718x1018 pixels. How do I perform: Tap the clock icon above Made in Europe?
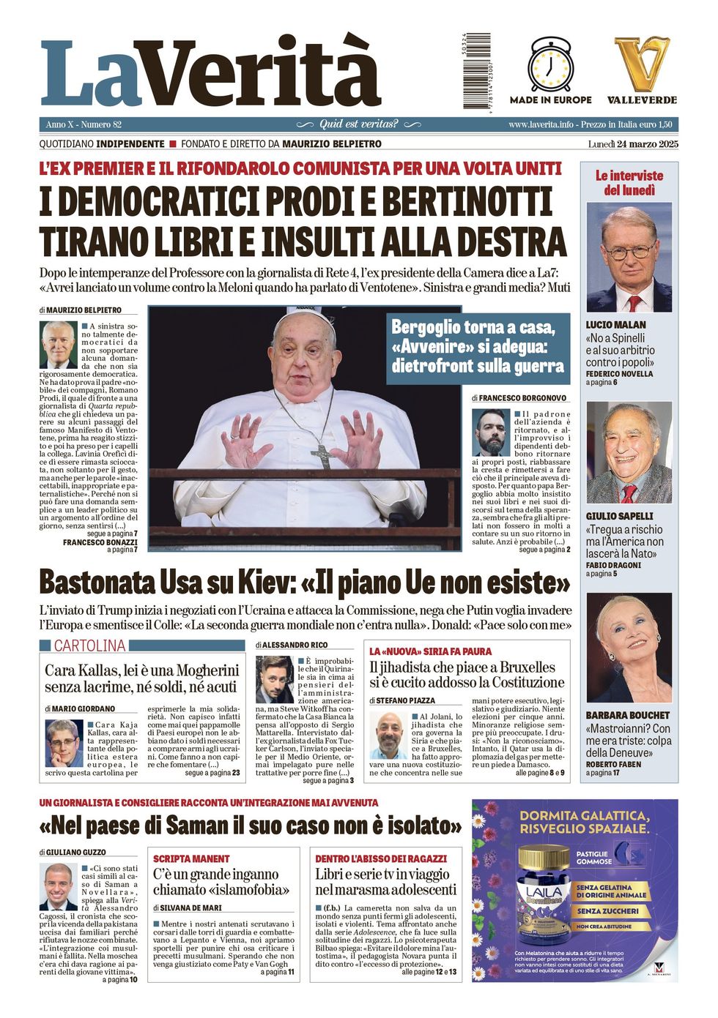point(550,65)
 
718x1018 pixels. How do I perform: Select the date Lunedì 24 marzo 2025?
point(633,144)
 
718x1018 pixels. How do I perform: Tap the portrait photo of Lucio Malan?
point(629,258)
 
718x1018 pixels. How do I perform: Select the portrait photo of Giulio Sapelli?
point(629,452)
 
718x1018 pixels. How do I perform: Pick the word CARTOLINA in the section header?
point(89,645)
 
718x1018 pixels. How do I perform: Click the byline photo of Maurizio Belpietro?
point(58,344)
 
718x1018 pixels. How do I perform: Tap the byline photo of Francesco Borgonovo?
point(491,432)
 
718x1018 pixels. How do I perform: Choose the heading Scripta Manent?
point(191,858)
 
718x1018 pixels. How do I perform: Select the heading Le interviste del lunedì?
point(629,183)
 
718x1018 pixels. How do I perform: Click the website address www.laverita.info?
point(541,124)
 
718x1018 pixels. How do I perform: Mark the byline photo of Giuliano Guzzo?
point(58,886)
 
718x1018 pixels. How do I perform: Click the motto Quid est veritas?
point(359,124)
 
